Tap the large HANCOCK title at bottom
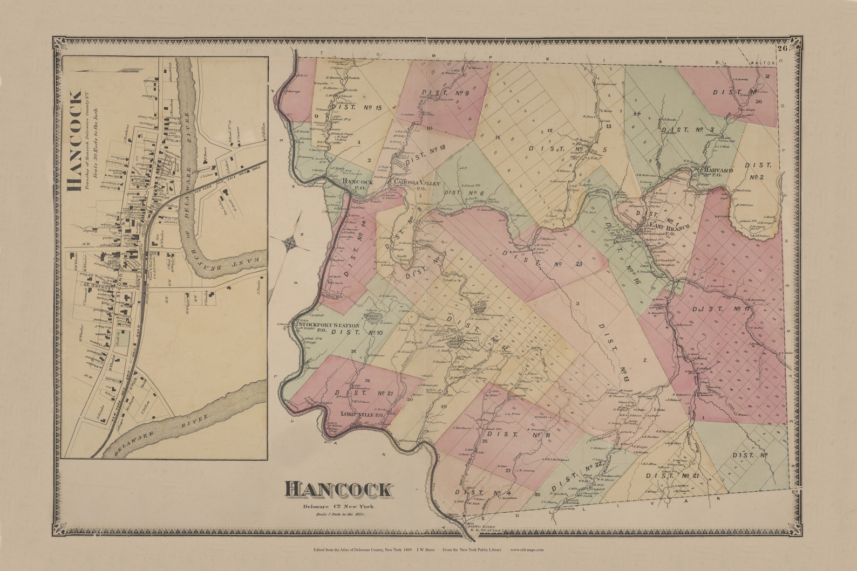pyautogui.click(x=338, y=490)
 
